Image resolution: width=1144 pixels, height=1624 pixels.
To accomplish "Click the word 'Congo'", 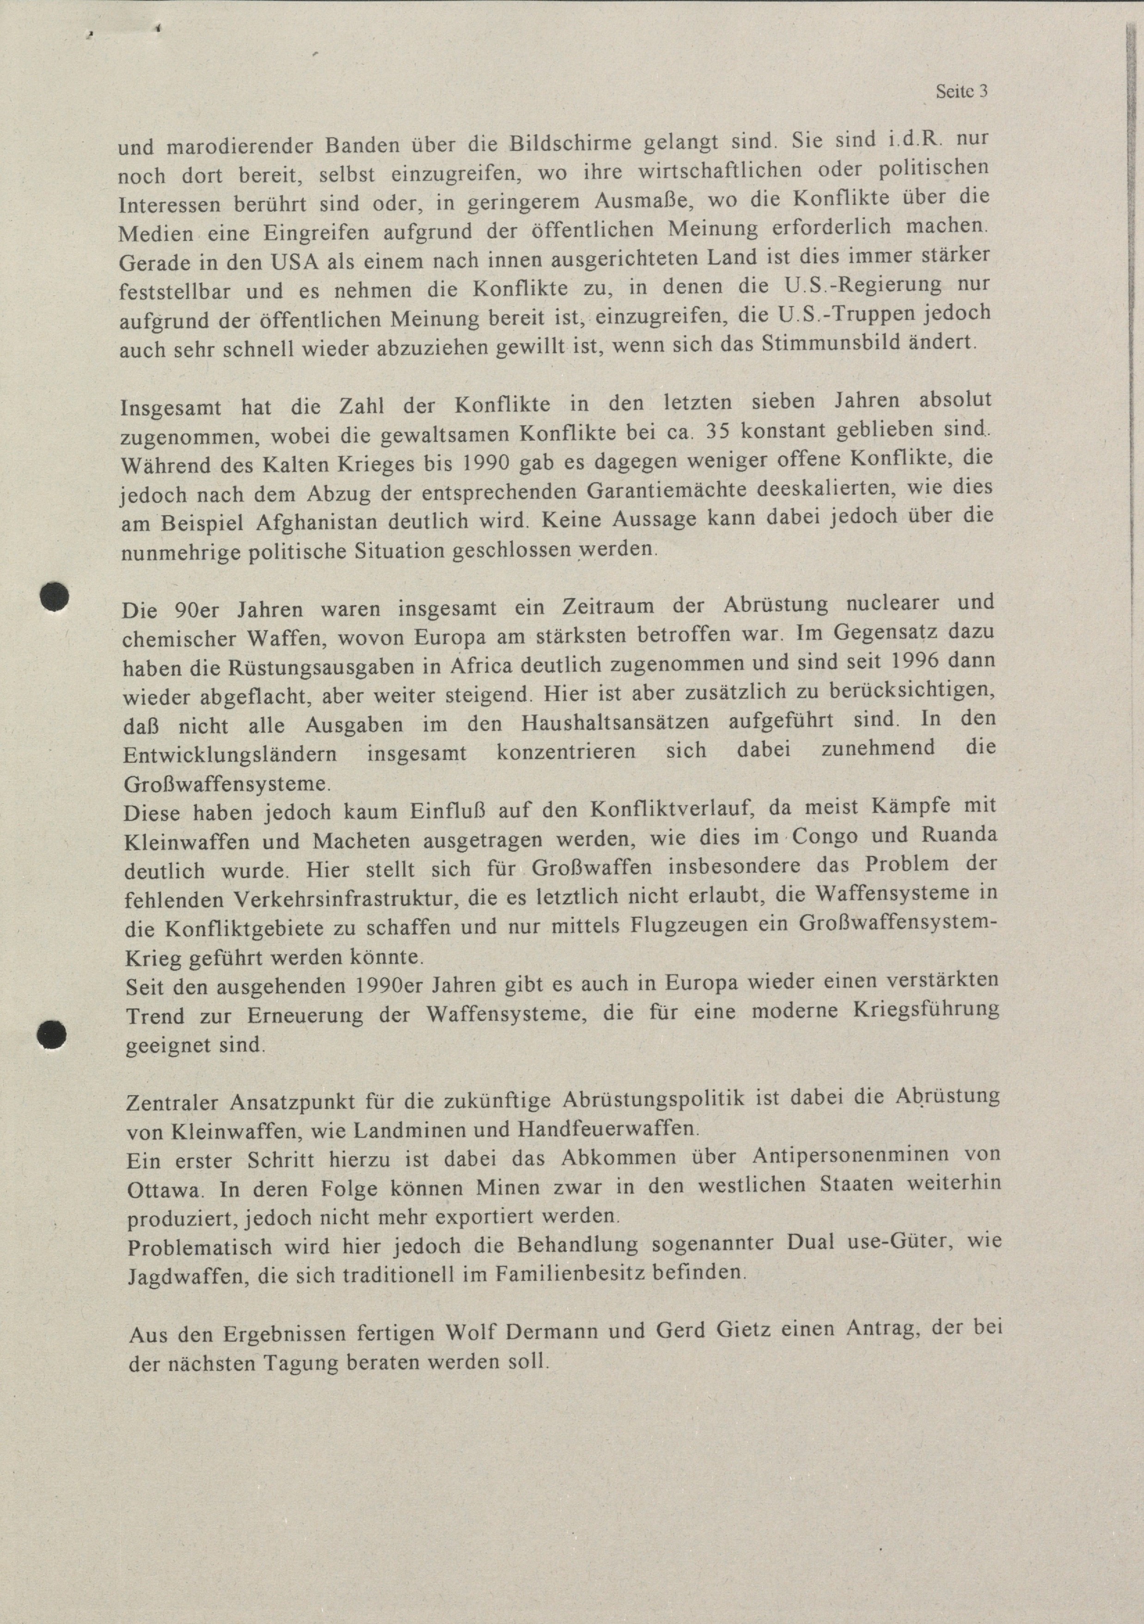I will tap(825, 836).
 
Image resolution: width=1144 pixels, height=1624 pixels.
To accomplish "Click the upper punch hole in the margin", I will tap(54, 596).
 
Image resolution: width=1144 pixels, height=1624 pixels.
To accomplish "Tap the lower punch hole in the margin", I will tap(52, 1035).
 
